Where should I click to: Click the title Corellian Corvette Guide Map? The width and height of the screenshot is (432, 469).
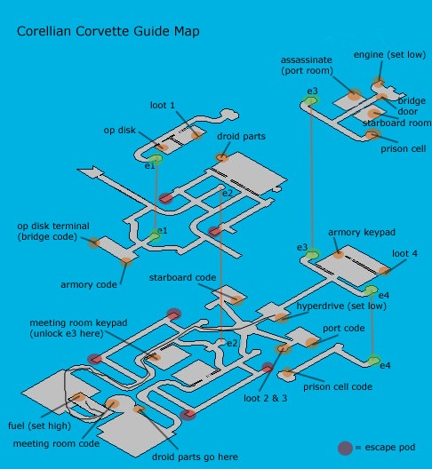[108, 31]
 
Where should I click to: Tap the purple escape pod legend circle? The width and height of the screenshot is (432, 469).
[345, 448]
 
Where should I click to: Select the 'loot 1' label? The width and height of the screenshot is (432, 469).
[163, 106]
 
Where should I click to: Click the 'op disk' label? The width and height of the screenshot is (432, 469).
[119, 131]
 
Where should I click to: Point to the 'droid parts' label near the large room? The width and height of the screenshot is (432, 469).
[241, 137]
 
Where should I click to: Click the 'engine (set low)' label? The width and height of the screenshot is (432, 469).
[390, 55]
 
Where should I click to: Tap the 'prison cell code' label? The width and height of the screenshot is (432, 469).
[338, 386]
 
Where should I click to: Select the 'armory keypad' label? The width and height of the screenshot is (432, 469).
[362, 232]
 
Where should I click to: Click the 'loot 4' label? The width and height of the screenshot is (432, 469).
[404, 254]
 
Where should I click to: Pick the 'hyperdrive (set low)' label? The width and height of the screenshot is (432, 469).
[341, 306]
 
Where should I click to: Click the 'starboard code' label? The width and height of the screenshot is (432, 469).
[182, 277]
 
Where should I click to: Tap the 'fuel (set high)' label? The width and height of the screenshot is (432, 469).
[39, 425]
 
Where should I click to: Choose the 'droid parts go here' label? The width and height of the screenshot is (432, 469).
[195, 457]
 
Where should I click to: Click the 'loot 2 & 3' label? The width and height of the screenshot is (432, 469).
[265, 398]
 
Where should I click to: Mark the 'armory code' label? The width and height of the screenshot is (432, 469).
[89, 284]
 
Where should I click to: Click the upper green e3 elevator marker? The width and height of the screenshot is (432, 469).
[311, 100]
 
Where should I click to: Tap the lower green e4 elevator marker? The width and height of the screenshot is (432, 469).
[373, 361]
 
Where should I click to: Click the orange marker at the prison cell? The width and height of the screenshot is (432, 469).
[372, 134]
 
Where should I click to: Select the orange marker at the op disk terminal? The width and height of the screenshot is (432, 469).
[94, 242]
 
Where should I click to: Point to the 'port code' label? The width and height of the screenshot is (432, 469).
[344, 328]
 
